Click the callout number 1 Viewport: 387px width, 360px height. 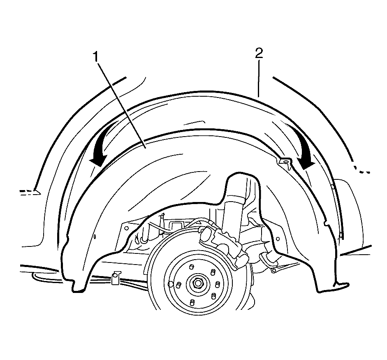coord(95,57)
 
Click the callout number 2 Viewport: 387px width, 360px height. coord(259,53)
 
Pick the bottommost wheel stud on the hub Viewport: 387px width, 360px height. coord(192,302)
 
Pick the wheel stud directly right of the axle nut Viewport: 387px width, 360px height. coord(218,284)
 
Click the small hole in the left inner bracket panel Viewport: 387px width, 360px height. coord(127,228)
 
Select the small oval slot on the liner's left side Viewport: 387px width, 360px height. coord(95,237)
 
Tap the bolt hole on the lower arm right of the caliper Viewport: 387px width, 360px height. coord(273,271)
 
